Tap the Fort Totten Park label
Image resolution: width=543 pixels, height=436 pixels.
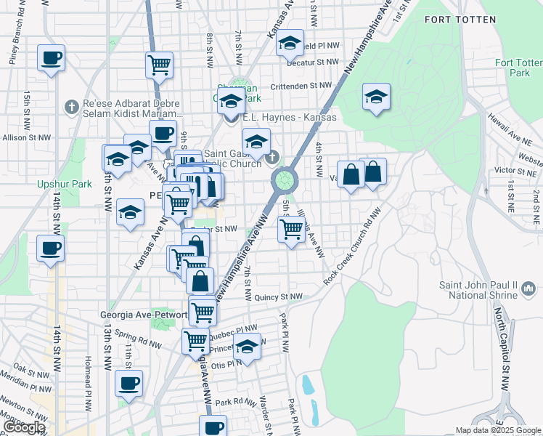(x=519, y=68)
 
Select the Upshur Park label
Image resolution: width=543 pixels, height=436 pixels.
(x=65, y=184)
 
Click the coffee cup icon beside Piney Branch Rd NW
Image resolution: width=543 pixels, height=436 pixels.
(x=51, y=58)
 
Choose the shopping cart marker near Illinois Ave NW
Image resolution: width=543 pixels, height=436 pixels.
(x=291, y=230)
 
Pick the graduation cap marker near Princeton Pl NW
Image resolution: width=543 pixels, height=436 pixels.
(x=247, y=347)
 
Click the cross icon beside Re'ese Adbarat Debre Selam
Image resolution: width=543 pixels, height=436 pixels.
(x=71, y=107)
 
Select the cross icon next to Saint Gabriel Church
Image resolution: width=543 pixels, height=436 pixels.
(x=272, y=156)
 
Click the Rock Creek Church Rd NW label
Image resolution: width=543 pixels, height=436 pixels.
(x=353, y=247)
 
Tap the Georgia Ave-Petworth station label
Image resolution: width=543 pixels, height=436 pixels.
(x=143, y=315)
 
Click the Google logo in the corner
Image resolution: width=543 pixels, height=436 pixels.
(x=24, y=427)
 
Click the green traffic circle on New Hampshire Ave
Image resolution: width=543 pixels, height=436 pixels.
(x=283, y=179)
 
